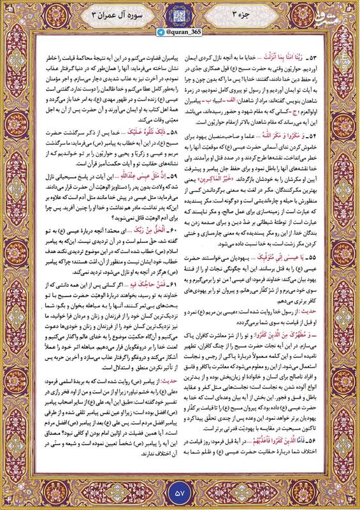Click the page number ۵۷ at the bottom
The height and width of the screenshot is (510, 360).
(x=179, y=491)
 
